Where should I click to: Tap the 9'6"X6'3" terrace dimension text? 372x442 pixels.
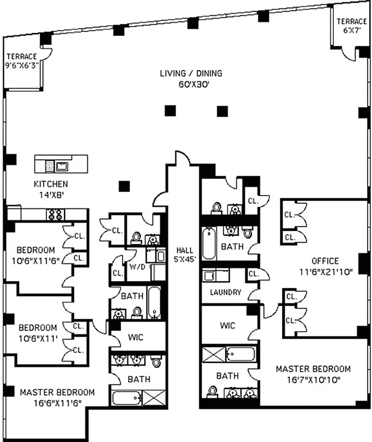pyautogui.click(x=23, y=65)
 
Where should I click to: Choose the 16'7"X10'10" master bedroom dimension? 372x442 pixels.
pyautogui.click(x=313, y=380)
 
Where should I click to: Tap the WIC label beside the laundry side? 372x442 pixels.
pyautogui.click(x=227, y=325)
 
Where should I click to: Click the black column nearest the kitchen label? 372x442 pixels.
pyautogui.click(x=124, y=186)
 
